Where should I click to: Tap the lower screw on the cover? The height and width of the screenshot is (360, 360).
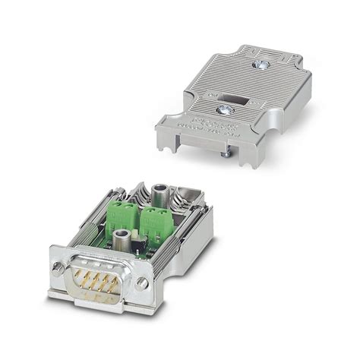pos(226,112)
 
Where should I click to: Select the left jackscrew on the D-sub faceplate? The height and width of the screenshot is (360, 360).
pos(58,267)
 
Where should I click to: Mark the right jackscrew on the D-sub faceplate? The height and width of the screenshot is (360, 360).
pos(142,283)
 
